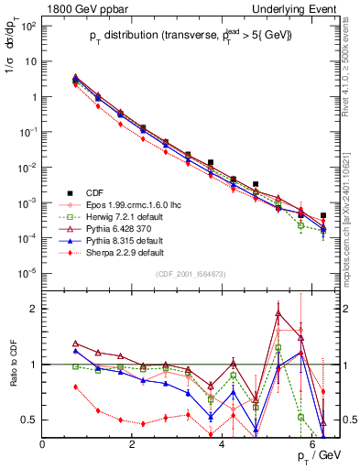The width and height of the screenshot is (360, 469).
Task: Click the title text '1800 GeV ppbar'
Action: (x=81, y=8)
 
